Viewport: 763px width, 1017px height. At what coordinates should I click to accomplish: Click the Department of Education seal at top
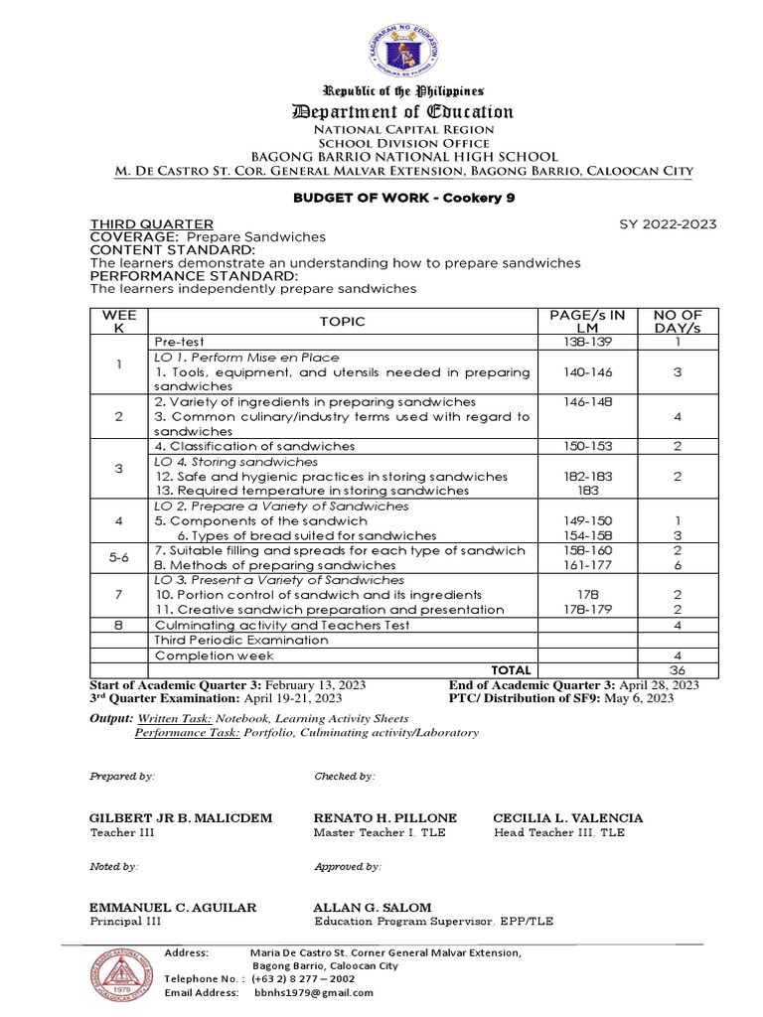point(383,49)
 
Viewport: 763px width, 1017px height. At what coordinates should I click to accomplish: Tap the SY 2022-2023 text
point(668,224)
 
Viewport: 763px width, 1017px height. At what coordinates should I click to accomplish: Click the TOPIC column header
point(342,321)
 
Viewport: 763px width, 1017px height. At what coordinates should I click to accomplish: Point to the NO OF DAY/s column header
point(677,321)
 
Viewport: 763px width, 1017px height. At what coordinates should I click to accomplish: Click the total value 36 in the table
point(677,670)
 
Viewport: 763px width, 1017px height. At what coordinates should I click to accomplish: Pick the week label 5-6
point(118,558)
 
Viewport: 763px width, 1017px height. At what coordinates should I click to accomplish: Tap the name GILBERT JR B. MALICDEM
point(181,817)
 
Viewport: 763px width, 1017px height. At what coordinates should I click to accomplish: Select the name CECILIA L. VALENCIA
point(568,817)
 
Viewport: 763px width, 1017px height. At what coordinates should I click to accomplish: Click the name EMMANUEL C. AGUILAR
point(173,907)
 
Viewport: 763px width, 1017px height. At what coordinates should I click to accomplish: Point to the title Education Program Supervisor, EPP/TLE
point(433,922)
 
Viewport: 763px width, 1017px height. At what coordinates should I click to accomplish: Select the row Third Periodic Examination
point(241,641)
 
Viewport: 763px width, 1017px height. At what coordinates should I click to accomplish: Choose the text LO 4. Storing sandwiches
point(236,462)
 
